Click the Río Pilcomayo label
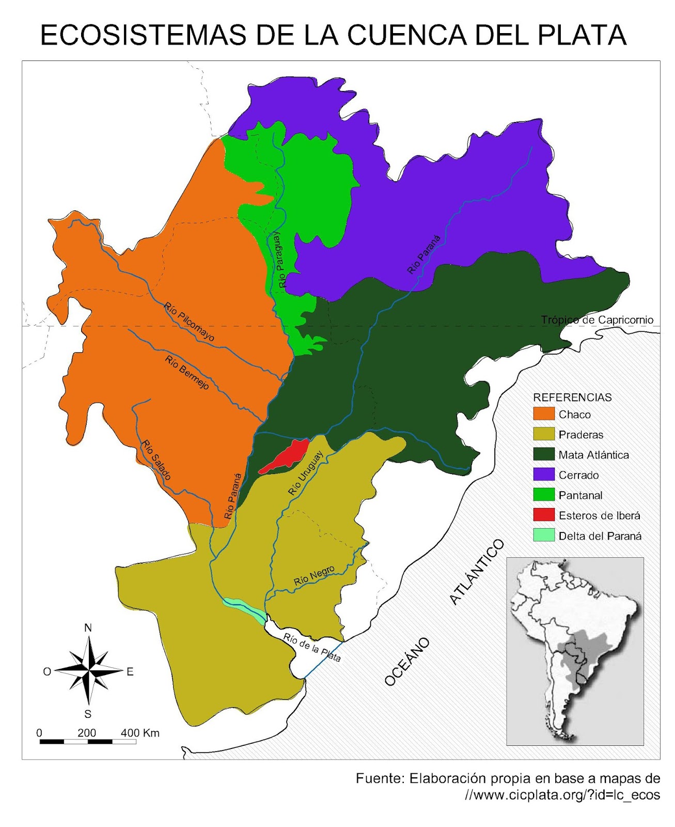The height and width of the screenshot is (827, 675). point(189,322)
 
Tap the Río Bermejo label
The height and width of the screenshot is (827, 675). point(187,372)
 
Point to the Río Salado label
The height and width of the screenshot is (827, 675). point(156,460)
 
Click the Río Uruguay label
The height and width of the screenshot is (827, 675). point(306,473)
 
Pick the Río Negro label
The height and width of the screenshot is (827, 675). point(314,576)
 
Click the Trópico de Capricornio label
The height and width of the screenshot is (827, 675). point(597,320)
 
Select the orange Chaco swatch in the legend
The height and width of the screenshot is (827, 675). point(543,414)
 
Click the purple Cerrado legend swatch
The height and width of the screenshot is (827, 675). point(543,474)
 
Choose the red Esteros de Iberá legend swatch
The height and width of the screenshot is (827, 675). point(543,515)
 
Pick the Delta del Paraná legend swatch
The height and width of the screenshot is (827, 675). point(543,535)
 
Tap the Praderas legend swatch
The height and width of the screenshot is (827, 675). point(543,434)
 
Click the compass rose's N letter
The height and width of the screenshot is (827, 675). point(88,627)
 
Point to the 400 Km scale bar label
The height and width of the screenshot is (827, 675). point(140,732)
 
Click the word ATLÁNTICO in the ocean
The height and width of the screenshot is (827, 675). point(477,572)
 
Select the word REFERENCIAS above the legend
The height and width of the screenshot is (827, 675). point(572,397)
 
